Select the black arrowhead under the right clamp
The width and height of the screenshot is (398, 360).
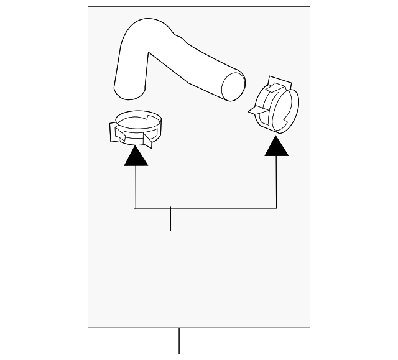tap(277, 146)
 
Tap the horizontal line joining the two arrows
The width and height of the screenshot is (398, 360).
tap(206, 208)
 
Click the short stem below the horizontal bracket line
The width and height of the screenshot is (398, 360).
tap(170, 219)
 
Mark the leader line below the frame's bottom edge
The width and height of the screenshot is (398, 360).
tap(179, 340)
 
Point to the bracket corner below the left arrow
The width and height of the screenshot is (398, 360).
tap(136, 208)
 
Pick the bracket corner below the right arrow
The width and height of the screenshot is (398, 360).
tap(277, 208)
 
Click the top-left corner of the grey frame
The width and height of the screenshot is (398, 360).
tap(88, 7)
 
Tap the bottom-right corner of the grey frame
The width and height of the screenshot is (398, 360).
tap(310, 327)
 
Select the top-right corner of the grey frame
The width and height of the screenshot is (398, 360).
tap(310, 7)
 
